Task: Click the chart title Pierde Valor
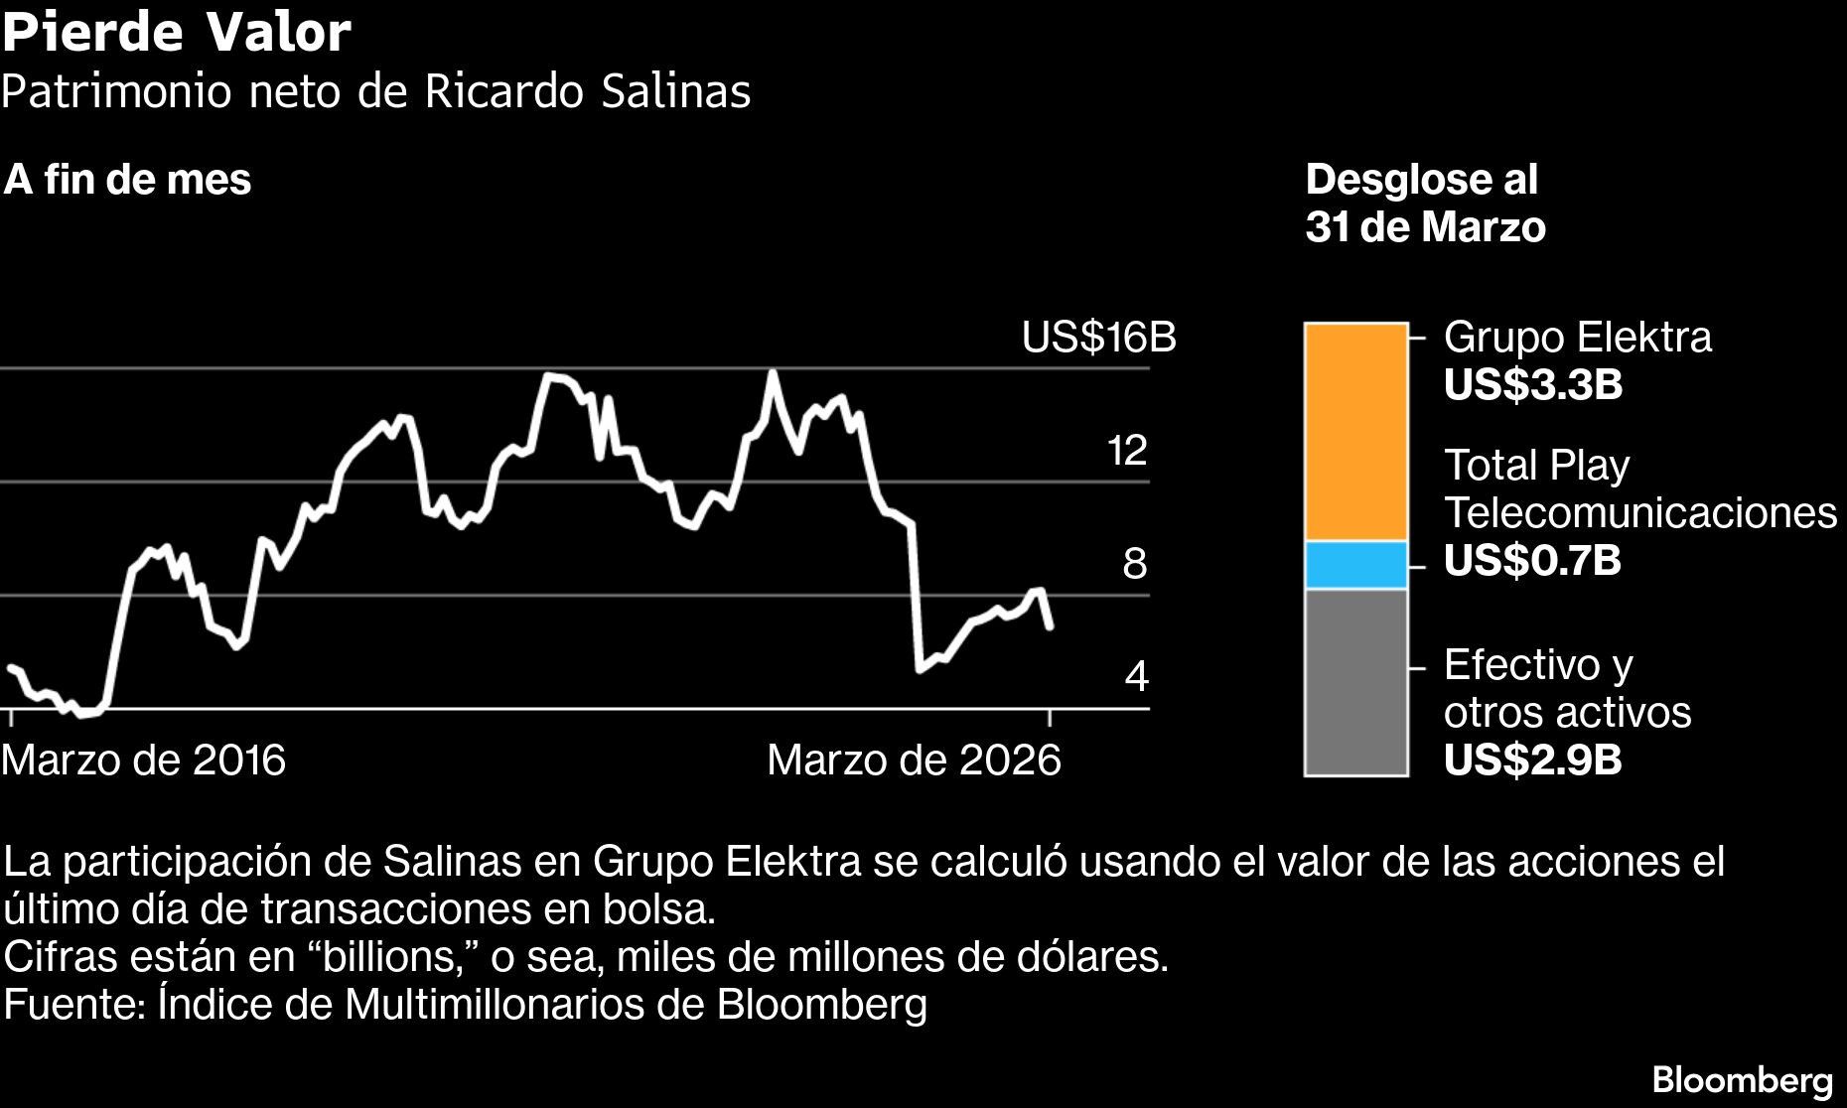click(x=176, y=32)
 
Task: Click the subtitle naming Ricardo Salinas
click(x=375, y=91)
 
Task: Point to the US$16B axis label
click(x=1098, y=338)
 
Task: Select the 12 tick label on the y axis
click(x=1127, y=451)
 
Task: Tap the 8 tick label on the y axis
click(x=1134, y=564)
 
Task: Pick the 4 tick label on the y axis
click(x=1136, y=676)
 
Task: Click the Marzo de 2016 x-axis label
click(x=144, y=761)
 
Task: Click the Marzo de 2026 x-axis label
click(x=914, y=761)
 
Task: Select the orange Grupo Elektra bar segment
click(x=1355, y=432)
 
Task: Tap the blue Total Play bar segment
click(x=1355, y=565)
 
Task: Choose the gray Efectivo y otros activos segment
click(x=1355, y=681)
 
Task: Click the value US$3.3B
click(x=1532, y=385)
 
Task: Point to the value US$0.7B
click(x=1532, y=561)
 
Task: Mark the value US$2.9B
click(x=1532, y=761)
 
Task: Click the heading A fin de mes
click(x=127, y=180)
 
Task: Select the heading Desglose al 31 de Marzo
click(x=1424, y=204)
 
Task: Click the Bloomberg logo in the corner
click(x=1742, y=1079)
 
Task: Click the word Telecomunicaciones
click(x=1639, y=513)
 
